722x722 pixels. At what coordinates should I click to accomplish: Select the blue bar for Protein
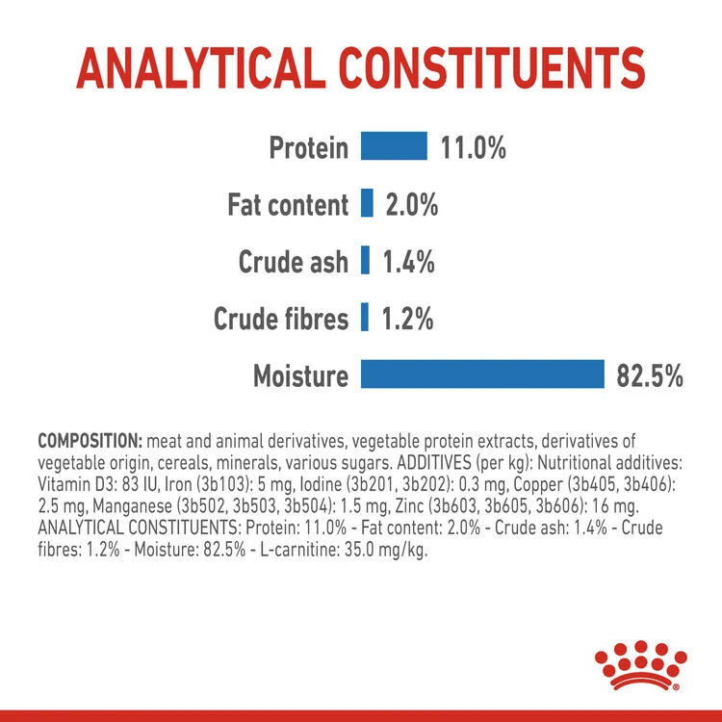point(394,147)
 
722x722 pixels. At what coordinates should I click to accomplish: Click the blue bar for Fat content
point(367,204)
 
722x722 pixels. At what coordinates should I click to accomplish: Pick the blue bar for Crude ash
point(365,261)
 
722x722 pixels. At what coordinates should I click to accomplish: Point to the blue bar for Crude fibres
point(365,318)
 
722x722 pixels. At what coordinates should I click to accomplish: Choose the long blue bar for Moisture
point(481,374)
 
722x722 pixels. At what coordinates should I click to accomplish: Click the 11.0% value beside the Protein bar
point(473,148)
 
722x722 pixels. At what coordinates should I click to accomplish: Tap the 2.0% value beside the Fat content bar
point(412,204)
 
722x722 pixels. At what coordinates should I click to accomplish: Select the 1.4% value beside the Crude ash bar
point(409,261)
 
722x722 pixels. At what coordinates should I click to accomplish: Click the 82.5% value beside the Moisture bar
point(649,375)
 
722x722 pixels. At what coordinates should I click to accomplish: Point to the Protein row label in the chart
point(308,148)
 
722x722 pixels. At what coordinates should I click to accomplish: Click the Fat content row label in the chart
point(288,205)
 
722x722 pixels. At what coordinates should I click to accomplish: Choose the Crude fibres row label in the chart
point(280,319)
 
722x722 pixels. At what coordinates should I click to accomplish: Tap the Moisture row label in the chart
point(300,375)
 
